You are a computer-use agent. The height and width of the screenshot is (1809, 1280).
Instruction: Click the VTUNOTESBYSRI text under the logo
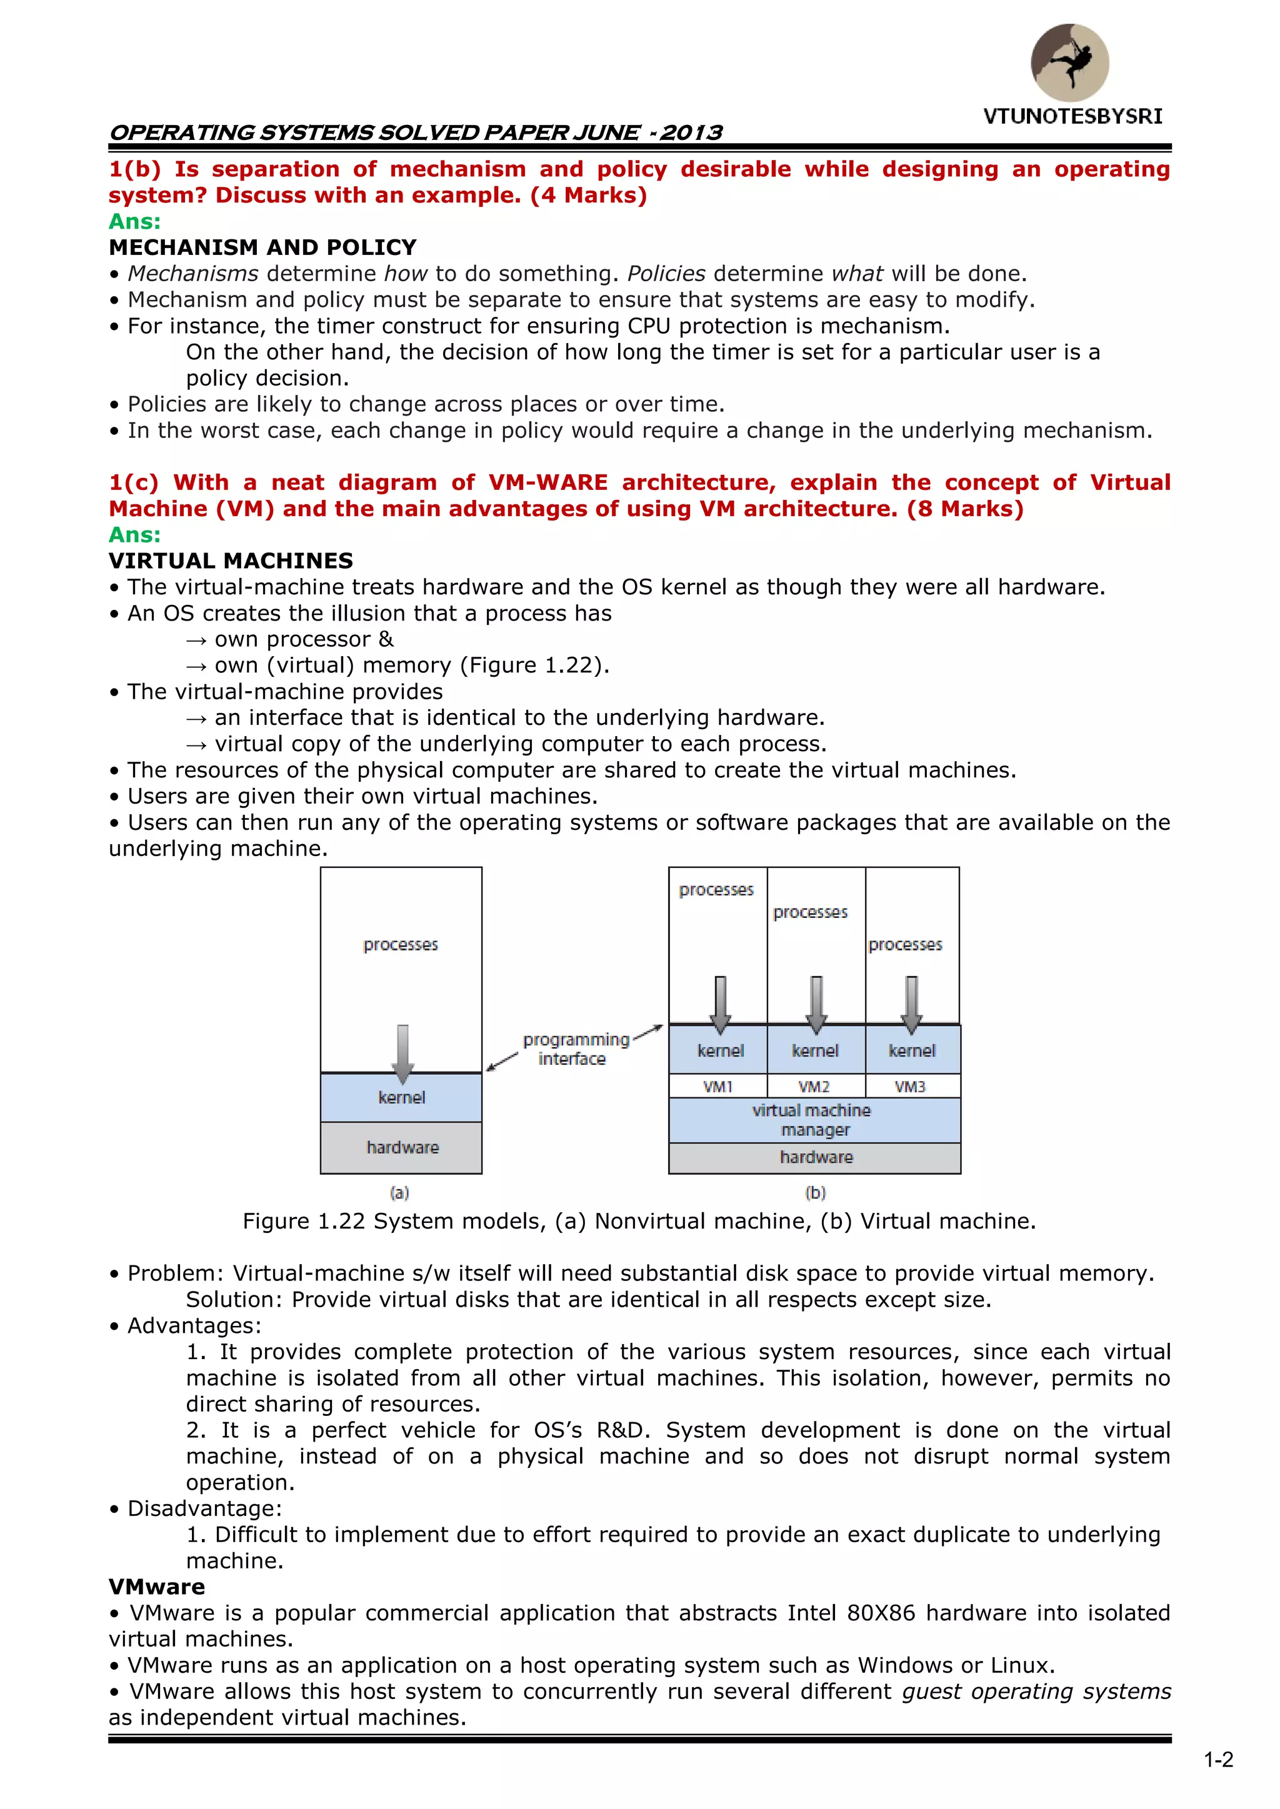(x=1072, y=117)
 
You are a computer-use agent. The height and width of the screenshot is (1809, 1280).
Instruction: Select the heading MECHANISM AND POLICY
(x=262, y=247)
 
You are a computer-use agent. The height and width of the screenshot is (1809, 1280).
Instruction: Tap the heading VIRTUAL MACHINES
(x=231, y=561)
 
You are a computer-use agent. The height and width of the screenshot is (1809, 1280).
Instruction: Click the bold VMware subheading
(x=157, y=1587)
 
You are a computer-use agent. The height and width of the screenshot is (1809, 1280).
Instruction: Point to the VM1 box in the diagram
(x=718, y=1087)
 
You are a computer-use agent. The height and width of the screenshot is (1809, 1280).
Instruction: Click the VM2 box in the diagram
(x=815, y=1087)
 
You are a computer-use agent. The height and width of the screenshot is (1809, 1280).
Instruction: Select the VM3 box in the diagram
(x=911, y=1087)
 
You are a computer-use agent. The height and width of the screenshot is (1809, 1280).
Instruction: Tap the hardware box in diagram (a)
(x=402, y=1147)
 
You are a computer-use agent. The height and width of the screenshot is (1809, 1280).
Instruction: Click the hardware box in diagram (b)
(x=816, y=1157)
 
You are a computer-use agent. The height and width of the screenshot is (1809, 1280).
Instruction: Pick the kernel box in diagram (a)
(x=402, y=1097)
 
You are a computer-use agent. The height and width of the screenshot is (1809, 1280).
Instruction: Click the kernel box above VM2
(x=816, y=1051)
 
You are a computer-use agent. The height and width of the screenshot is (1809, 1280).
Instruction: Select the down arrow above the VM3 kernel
(x=912, y=1004)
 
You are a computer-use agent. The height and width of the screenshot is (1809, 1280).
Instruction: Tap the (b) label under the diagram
(x=816, y=1193)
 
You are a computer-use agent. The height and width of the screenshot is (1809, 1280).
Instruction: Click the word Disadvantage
(x=204, y=1509)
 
